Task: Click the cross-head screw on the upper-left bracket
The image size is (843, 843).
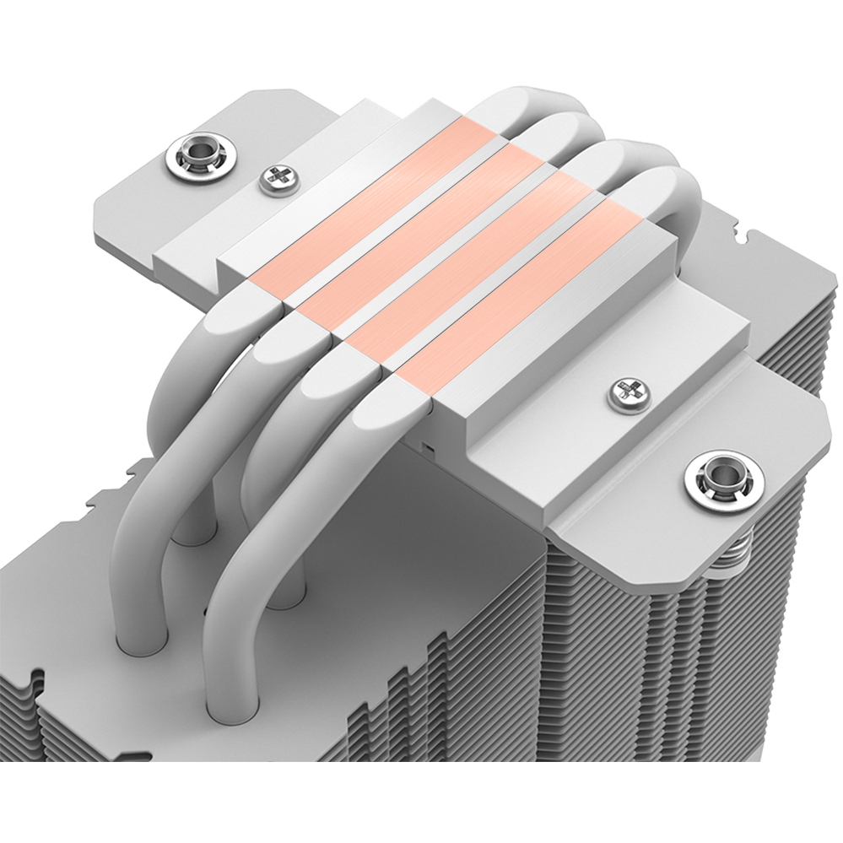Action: (276, 177)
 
